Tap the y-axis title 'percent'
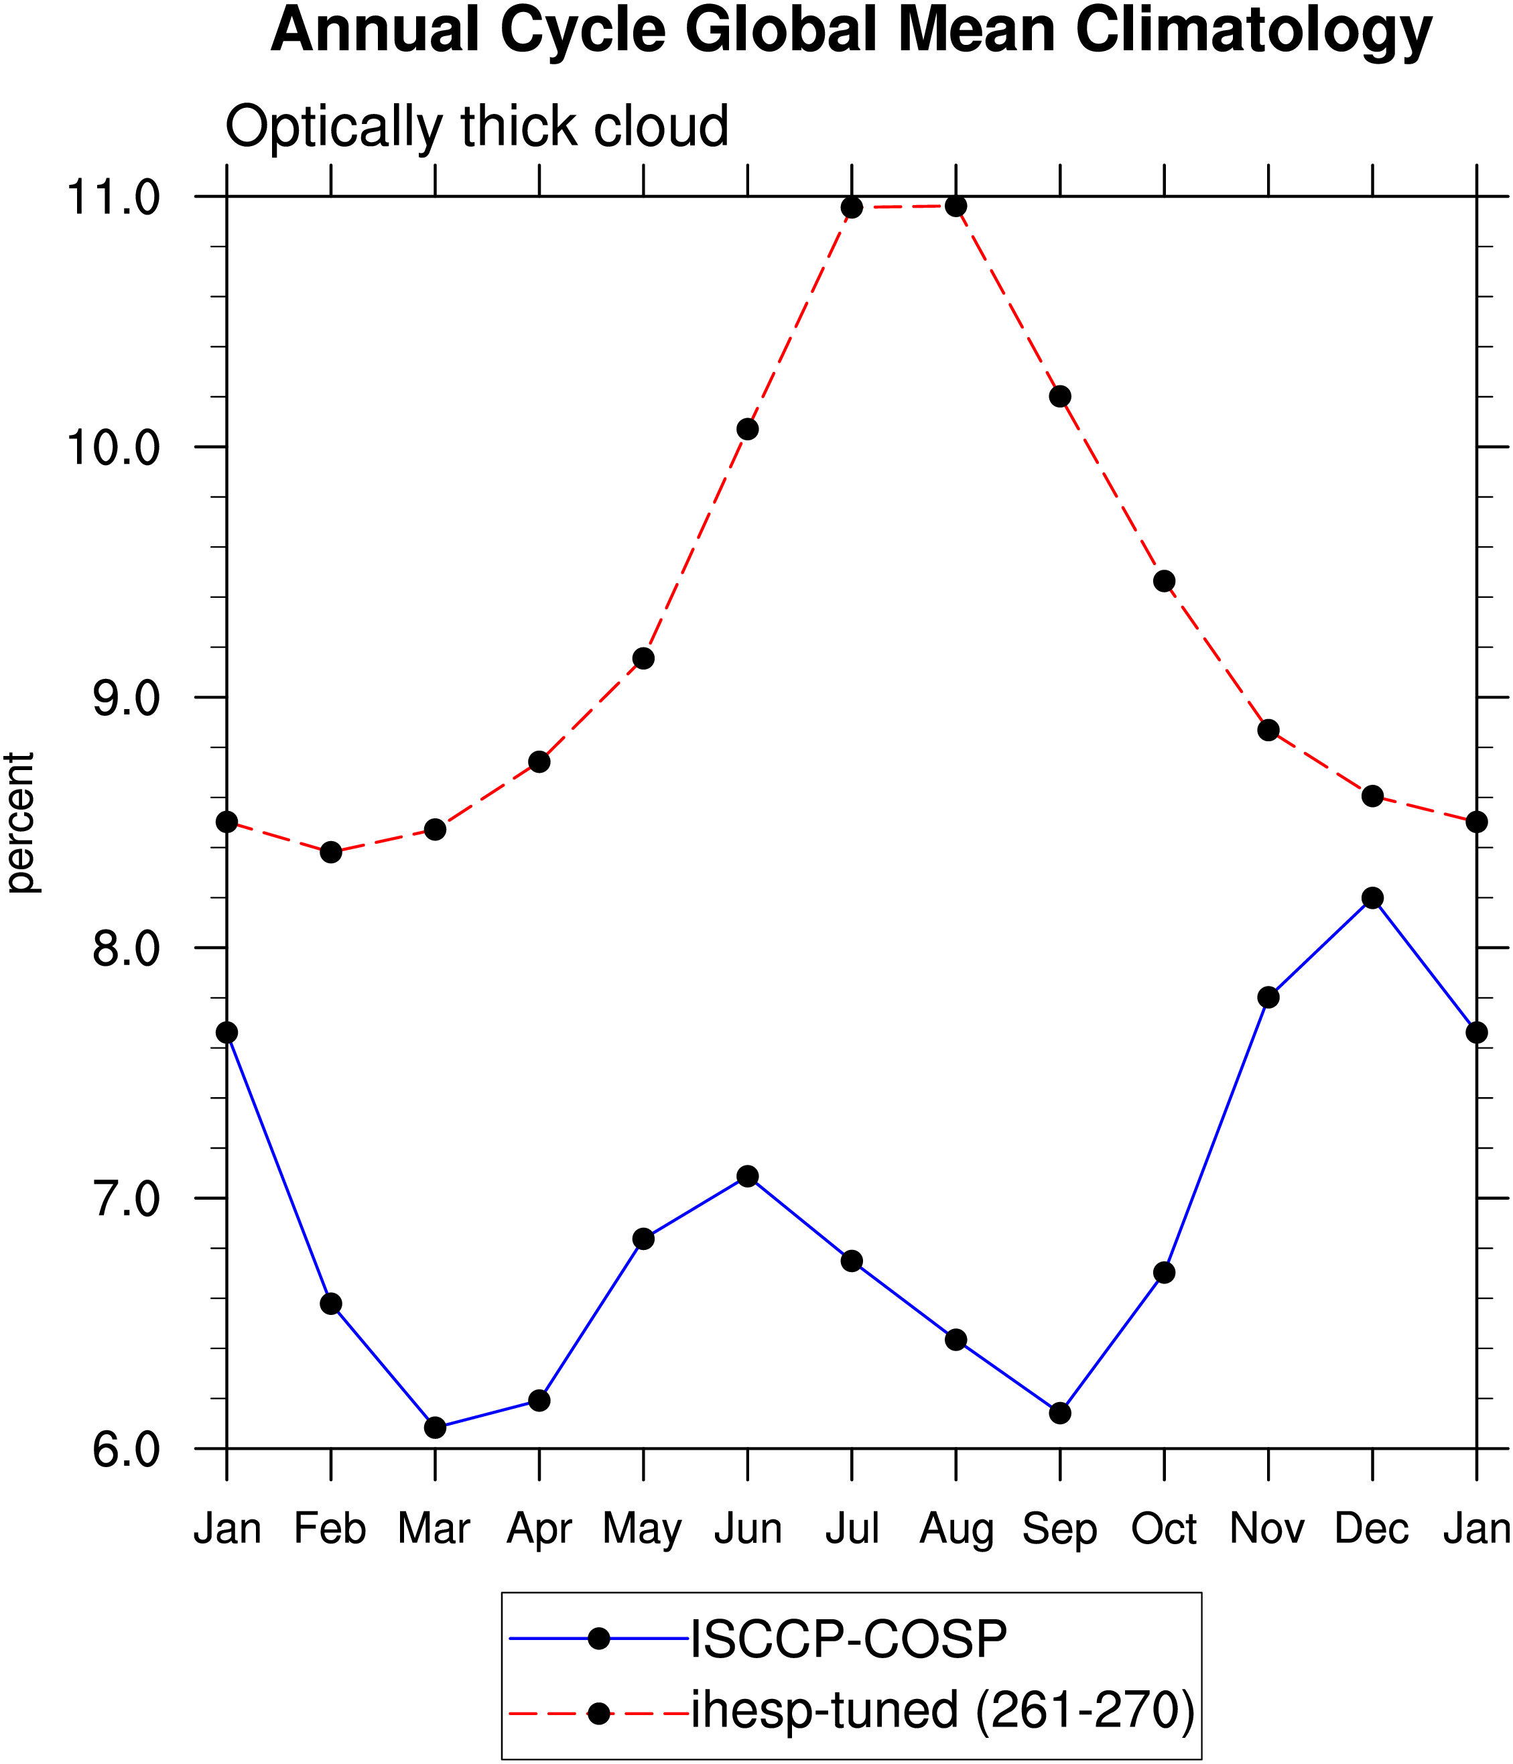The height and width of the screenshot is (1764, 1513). [20, 822]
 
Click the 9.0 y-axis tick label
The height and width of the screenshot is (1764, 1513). [126, 699]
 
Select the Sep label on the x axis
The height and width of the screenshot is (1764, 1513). [1059, 1530]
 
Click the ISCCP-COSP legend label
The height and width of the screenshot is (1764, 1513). [848, 1638]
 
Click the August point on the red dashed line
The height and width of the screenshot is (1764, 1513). [956, 206]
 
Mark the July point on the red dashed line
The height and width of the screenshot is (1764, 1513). [852, 208]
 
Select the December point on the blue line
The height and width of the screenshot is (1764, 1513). [1372, 898]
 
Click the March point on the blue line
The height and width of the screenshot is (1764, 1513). [435, 1428]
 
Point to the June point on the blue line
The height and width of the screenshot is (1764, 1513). [748, 1177]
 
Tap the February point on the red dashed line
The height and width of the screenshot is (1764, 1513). [331, 853]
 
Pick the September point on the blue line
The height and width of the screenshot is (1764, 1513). [1060, 1413]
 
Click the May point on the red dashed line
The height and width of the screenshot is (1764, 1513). [643, 658]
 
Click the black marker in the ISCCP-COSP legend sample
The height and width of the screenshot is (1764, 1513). [599, 1639]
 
